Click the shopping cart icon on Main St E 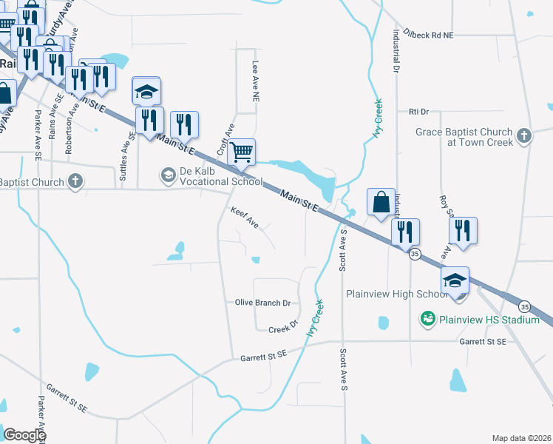241,152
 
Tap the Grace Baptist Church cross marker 523,135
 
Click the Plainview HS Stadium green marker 427,320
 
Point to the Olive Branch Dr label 262,303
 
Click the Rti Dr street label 418,112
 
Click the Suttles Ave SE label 123,149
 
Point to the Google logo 24,435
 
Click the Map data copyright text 521,438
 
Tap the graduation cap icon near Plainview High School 455,280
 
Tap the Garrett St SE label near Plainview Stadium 482,342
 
